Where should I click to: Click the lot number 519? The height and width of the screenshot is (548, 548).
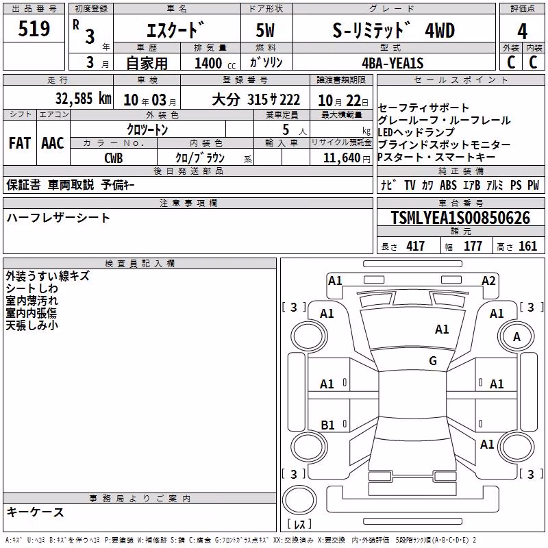point(34,28)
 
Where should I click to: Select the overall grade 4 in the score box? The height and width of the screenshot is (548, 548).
point(522,31)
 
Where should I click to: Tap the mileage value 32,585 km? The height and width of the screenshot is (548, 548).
point(83,99)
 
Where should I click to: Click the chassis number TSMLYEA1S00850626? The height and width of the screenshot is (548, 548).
point(460,218)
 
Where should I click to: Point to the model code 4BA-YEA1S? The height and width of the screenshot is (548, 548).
point(393,63)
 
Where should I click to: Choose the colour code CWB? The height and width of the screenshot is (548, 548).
point(114,158)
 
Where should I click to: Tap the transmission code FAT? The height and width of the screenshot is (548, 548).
point(20,143)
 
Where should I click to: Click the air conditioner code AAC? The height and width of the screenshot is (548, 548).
point(53,143)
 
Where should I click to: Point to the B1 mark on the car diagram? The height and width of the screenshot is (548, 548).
point(327,425)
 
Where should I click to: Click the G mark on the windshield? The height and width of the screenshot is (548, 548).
point(433,360)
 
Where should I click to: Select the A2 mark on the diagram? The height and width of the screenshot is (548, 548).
point(488,281)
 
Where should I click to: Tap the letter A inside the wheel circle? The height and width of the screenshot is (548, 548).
point(516,337)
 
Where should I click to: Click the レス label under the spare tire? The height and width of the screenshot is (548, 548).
point(299,524)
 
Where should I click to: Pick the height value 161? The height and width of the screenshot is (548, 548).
point(527,247)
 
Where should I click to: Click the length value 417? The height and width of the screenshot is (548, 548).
point(416,247)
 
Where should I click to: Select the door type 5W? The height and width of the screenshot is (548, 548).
point(265,30)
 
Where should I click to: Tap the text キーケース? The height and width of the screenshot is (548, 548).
point(36,512)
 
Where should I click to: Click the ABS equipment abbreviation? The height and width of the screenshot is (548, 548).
point(448,185)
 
